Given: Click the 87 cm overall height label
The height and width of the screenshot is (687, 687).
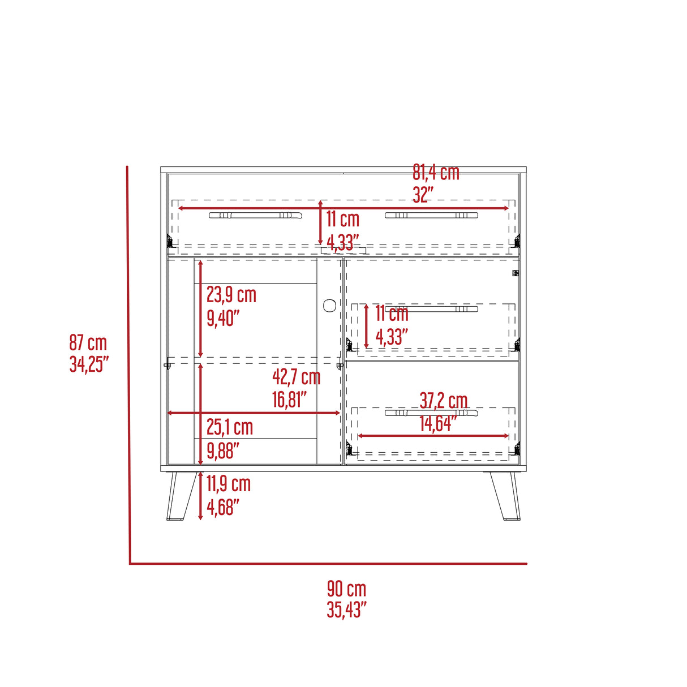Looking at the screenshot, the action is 88,342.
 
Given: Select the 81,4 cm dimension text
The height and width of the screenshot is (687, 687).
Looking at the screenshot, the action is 436,172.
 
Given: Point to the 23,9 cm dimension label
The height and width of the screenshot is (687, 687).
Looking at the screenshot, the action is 231,295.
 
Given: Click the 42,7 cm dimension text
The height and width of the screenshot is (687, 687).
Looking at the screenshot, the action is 297,377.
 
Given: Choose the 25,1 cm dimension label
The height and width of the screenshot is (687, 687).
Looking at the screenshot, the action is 230,427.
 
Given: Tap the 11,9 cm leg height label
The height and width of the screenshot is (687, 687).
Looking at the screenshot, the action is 229,484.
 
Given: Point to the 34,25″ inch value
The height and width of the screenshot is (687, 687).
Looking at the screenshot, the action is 89,364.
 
